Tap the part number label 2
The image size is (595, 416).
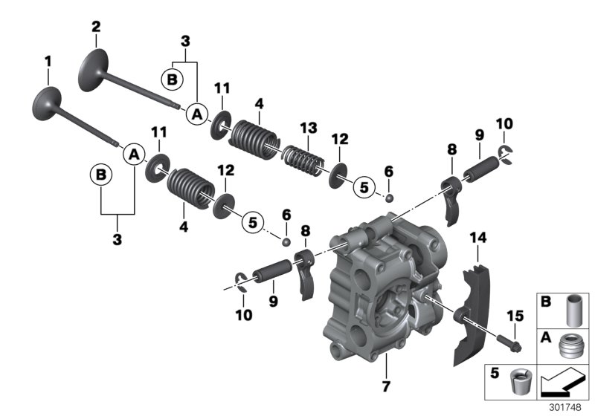95,27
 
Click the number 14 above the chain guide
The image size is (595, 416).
476,238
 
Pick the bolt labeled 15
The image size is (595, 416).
515,343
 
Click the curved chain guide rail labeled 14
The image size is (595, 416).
469,319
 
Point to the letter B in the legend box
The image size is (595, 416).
545,302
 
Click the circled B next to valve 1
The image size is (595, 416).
99,176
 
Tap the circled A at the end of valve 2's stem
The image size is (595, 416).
197,114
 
